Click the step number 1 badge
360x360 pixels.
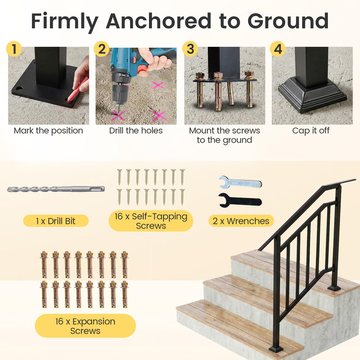(14, 49)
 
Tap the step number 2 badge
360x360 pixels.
(102, 49)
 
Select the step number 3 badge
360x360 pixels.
(190, 49)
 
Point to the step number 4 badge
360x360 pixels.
(278, 49)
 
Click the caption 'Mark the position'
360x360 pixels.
(48, 131)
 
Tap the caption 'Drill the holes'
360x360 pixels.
(136, 131)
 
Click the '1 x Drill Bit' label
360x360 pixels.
(56, 221)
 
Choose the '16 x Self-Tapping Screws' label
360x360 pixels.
(151, 221)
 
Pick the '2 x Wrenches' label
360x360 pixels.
(241, 221)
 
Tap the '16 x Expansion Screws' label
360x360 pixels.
(85, 326)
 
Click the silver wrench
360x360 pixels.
(239, 183)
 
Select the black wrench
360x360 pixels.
(239, 200)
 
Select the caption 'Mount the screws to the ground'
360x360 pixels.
(224, 135)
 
